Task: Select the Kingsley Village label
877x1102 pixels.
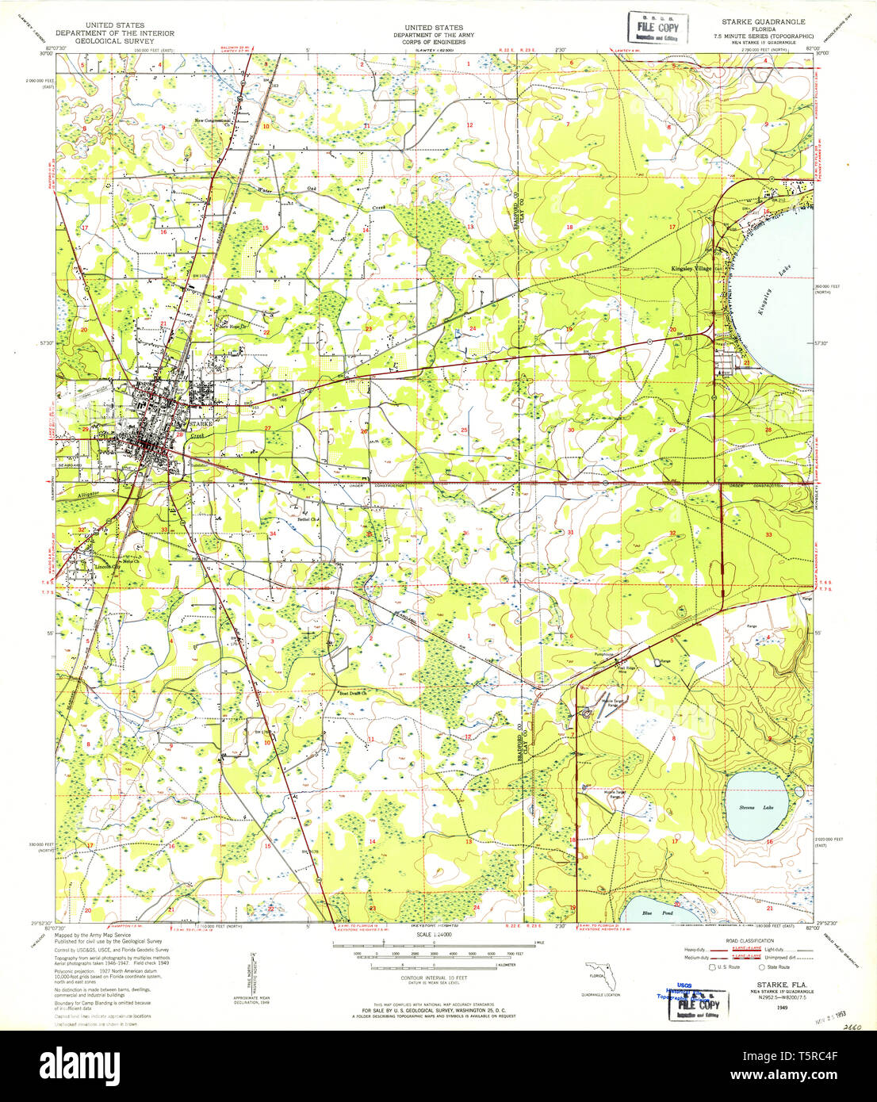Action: tap(691, 270)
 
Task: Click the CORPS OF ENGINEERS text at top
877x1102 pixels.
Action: tap(433, 41)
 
